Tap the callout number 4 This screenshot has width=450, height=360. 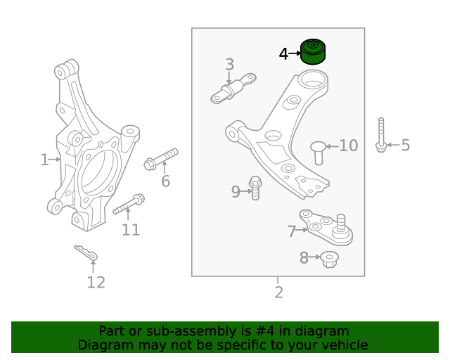(283, 53)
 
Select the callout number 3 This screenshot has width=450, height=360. (229, 65)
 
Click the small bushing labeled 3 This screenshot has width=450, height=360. (233, 89)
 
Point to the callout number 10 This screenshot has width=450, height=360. (349, 146)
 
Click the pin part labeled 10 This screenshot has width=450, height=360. (318, 151)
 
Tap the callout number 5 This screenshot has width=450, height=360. (405, 146)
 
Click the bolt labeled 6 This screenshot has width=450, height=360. (161, 157)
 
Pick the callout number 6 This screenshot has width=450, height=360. (165, 181)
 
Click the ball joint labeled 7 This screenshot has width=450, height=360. (323, 225)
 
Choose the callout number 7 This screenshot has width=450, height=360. (292, 231)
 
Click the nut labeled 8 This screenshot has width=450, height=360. (329, 259)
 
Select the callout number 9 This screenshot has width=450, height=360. (236, 191)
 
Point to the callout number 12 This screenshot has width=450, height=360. (96, 283)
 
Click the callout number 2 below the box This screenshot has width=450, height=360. (278, 292)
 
